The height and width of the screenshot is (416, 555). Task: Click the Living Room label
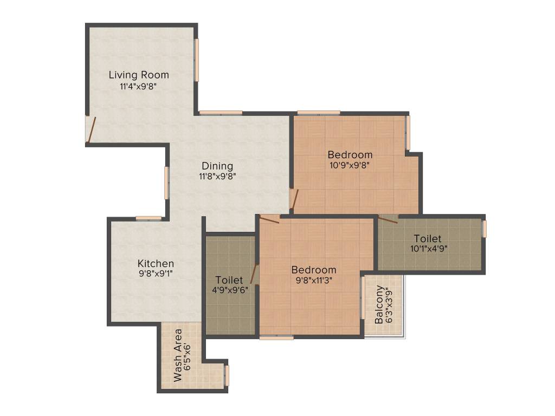point(139,75)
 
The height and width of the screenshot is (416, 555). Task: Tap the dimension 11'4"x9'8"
point(138,86)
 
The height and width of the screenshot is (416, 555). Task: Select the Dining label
point(217,166)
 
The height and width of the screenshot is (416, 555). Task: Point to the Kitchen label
point(156,264)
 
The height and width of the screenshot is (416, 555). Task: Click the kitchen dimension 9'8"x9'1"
point(156,273)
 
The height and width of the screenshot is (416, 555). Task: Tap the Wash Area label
point(178,355)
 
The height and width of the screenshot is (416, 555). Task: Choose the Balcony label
point(379,304)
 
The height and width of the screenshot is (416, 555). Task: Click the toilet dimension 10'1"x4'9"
point(429,248)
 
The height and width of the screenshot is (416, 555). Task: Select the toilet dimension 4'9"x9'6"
point(230,290)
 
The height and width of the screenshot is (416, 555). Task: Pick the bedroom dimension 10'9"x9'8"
point(350,165)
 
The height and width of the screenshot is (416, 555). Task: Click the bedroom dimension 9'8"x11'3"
point(314,280)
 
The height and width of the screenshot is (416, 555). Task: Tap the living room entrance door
point(91,130)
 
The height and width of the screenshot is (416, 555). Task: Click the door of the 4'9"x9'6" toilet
point(253,274)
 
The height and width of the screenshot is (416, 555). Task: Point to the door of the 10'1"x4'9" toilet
point(388,220)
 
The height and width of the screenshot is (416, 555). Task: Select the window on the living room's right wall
point(197,60)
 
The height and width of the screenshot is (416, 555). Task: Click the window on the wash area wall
point(227,375)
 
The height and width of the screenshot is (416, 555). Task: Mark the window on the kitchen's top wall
point(149,218)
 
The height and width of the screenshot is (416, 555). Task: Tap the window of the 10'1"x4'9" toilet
point(485,228)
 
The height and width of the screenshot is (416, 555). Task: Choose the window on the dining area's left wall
point(166,183)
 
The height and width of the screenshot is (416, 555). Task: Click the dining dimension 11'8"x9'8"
point(217,176)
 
